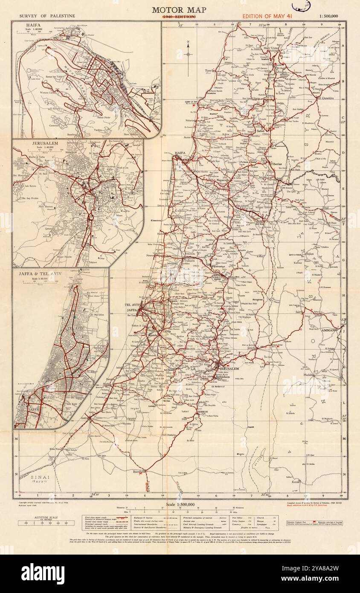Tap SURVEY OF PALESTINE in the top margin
pyautogui.click(x=47, y=16)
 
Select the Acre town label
pyautogui.click(x=186, y=137)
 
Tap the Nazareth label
pyautogui.click(x=223, y=180)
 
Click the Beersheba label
pyautogui.click(x=139, y=471)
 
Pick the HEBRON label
pyautogui.click(x=202, y=411)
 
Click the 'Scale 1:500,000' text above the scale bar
pyautogui.click(x=179, y=504)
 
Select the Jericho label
pyautogui.click(x=252, y=348)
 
